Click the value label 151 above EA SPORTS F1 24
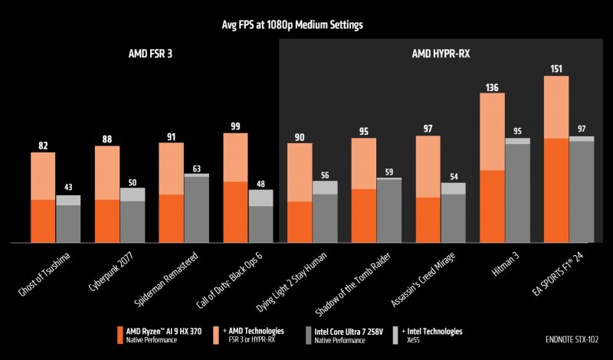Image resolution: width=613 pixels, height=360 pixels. click(x=556, y=68)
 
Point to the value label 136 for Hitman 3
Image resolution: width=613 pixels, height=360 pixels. click(x=492, y=87)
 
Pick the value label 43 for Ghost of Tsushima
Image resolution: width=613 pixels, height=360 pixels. click(x=68, y=188)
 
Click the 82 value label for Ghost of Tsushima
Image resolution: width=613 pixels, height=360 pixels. click(x=43, y=145)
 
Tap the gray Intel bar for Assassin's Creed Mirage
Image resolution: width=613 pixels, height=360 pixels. click(x=453, y=218)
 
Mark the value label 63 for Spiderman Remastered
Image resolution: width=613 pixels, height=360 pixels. click(x=196, y=169)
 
